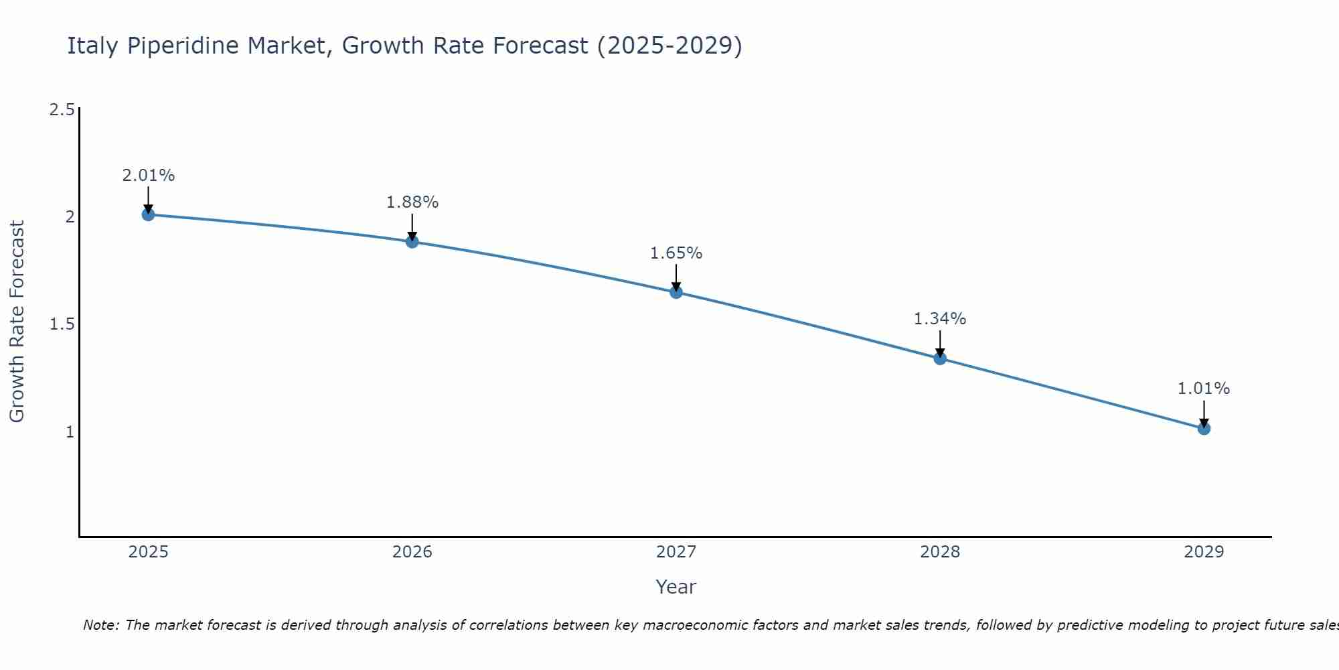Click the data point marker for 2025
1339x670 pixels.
tap(148, 214)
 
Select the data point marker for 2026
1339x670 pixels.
tap(412, 241)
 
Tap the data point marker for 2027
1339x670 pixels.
tap(676, 292)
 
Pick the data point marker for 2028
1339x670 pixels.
tap(940, 358)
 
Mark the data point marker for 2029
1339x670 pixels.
tap(1204, 428)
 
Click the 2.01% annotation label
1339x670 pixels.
tap(148, 176)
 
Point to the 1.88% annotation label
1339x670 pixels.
tap(412, 202)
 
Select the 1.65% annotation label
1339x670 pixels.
tap(676, 253)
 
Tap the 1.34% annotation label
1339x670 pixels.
tap(940, 319)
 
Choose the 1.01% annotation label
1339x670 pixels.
tap(1204, 389)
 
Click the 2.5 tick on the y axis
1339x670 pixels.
tap(62, 110)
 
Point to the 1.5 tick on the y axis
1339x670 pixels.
tap(62, 324)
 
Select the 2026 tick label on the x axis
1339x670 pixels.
tap(412, 552)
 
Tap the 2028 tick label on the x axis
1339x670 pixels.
tap(940, 552)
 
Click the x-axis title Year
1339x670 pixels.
tap(676, 587)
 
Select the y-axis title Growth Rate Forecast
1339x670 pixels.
tap(17, 322)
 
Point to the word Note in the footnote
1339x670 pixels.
tap(100, 625)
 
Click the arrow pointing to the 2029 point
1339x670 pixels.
tap(1204, 413)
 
